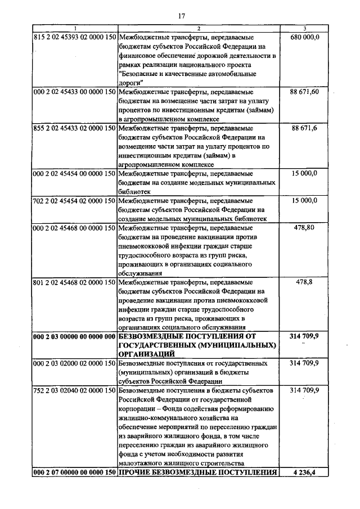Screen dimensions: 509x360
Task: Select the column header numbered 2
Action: coord(199,29)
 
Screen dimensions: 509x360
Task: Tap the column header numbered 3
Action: coord(304,29)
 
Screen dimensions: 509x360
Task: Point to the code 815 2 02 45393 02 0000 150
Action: coord(75,37)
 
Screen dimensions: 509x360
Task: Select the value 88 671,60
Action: coord(305,92)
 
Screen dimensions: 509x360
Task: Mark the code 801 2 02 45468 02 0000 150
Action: coord(75,282)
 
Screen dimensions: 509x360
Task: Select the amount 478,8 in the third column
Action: coord(305,282)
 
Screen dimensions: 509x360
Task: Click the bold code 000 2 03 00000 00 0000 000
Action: coord(75,336)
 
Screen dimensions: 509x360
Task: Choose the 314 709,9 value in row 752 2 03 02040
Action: coord(305,390)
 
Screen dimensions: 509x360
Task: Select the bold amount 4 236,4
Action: coord(305,472)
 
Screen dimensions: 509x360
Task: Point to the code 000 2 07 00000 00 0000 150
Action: coord(75,472)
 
